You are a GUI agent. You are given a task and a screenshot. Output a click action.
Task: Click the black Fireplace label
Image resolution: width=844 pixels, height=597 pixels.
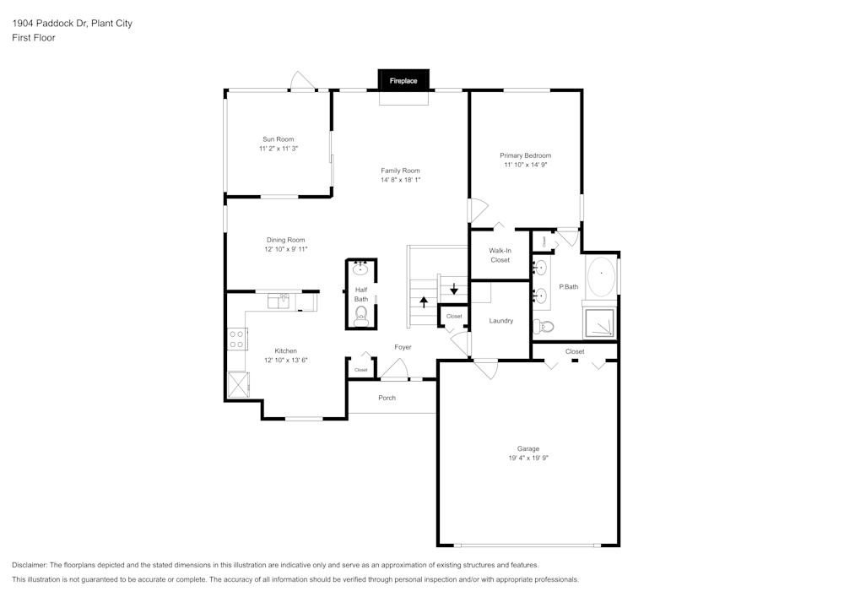click(403, 81)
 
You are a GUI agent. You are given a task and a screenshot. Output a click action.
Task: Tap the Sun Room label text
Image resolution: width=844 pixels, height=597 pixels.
click(279, 139)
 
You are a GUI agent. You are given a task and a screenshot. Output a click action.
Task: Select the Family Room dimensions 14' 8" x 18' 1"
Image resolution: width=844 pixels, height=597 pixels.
click(400, 180)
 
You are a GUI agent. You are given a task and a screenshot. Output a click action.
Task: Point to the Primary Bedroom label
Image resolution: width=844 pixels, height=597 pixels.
click(525, 155)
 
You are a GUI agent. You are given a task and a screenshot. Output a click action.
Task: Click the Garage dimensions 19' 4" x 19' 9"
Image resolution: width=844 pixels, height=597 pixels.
click(528, 458)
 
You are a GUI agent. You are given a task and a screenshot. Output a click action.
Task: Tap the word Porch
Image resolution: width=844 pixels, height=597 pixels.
click(387, 398)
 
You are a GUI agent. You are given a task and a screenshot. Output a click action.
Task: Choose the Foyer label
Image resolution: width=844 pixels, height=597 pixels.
click(403, 347)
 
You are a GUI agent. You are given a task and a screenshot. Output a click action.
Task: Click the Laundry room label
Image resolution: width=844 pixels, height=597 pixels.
click(501, 321)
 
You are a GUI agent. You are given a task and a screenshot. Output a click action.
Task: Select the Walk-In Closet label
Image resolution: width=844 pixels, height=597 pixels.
click(500, 255)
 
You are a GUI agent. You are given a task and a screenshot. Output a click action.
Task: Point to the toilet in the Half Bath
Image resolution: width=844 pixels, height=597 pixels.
click(361, 316)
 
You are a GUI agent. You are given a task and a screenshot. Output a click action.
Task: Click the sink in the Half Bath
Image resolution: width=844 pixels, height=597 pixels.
click(360, 269)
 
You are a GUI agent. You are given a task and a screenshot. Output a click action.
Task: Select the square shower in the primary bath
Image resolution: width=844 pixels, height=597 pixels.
click(601, 323)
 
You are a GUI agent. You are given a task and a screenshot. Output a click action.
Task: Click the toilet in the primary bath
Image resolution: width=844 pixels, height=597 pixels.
click(546, 326)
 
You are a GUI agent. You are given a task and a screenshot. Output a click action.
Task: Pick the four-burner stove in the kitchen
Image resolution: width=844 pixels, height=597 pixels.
click(237, 339)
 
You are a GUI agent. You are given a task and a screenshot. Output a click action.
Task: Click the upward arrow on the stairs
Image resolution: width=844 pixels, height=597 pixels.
click(424, 301)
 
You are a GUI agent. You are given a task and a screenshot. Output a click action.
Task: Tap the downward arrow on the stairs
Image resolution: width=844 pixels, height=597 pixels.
click(454, 289)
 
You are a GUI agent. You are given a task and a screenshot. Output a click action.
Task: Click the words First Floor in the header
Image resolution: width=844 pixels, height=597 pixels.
click(34, 38)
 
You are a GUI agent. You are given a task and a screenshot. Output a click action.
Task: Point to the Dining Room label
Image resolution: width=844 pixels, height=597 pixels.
click(286, 240)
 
